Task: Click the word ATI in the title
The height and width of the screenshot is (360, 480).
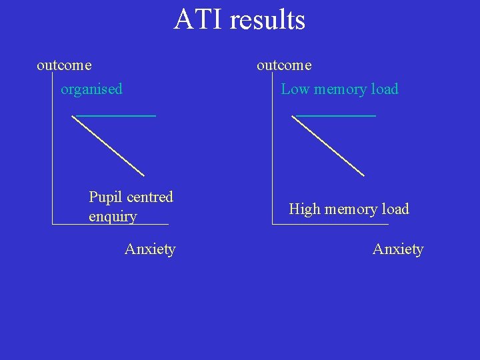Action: [198, 19]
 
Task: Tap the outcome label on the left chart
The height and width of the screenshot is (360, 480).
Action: [64, 65]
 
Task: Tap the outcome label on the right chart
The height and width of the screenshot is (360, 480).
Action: [284, 65]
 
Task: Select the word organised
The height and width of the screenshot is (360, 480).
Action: [91, 89]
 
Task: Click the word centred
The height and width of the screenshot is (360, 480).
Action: [150, 197]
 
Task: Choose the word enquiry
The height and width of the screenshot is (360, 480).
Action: [113, 217]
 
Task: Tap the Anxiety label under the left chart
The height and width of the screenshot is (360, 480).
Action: [150, 249]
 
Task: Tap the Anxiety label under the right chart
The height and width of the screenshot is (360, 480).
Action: [398, 249]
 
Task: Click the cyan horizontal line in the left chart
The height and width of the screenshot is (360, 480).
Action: [117, 115]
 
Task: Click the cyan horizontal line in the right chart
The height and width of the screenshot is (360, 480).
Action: [337, 115]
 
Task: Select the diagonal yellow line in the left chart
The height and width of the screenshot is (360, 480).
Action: [108, 145]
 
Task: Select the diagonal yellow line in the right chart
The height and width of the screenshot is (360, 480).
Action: [328, 145]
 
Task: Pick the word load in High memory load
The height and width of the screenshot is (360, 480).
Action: [395, 209]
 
